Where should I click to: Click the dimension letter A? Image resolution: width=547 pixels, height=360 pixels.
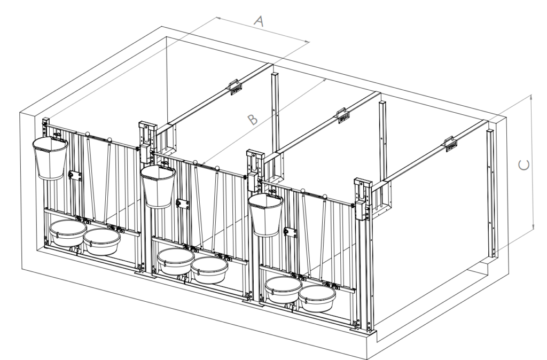[x=259, y=21]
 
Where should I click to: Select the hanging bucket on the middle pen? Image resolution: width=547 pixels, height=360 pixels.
[x=158, y=186]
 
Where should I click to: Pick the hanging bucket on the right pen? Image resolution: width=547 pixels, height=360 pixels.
[x=266, y=214]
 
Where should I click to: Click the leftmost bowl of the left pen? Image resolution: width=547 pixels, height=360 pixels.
[x=68, y=233]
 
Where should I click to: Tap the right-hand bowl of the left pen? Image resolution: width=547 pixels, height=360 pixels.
[x=102, y=242]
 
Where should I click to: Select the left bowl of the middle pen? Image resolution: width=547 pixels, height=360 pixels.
[x=175, y=261]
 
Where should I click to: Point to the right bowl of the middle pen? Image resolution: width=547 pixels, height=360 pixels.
[x=209, y=270]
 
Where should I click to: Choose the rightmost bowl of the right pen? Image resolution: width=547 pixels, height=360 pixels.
[x=317, y=299]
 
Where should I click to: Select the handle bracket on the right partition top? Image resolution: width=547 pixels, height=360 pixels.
[x=450, y=144]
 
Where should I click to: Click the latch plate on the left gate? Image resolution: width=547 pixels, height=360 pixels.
[x=75, y=176]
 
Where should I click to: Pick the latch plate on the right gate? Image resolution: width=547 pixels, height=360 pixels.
[x=291, y=232]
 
